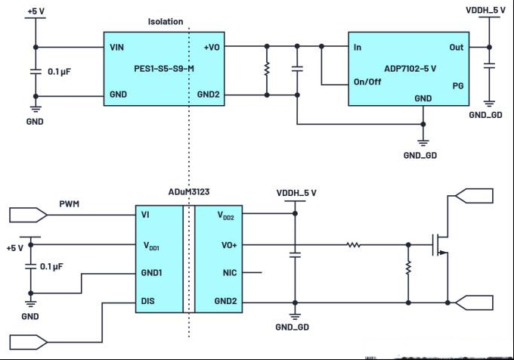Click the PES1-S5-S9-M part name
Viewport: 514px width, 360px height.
(164, 69)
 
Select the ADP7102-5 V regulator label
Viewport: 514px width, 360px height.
(410, 69)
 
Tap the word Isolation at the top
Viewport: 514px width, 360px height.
(166, 22)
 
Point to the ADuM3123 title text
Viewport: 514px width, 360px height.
(189, 192)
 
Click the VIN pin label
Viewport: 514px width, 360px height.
(116, 48)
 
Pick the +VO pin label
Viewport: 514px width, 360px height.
(212, 48)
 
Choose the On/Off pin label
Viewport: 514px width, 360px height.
(367, 82)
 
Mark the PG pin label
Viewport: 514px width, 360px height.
(458, 86)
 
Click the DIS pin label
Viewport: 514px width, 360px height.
(147, 301)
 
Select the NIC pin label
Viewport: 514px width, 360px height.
(230, 273)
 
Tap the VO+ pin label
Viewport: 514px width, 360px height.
(229, 245)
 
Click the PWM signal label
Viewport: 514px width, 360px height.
(70, 204)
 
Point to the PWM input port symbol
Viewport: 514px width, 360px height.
(28, 215)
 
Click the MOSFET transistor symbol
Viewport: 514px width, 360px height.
(440, 245)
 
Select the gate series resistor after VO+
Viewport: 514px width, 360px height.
(354, 244)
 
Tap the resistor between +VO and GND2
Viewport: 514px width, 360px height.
(267, 69)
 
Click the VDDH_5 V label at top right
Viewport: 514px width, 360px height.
(485, 11)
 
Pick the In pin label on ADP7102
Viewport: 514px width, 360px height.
(358, 48)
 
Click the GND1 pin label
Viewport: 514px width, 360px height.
(151, 273)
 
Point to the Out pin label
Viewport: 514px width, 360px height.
(457, 48)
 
